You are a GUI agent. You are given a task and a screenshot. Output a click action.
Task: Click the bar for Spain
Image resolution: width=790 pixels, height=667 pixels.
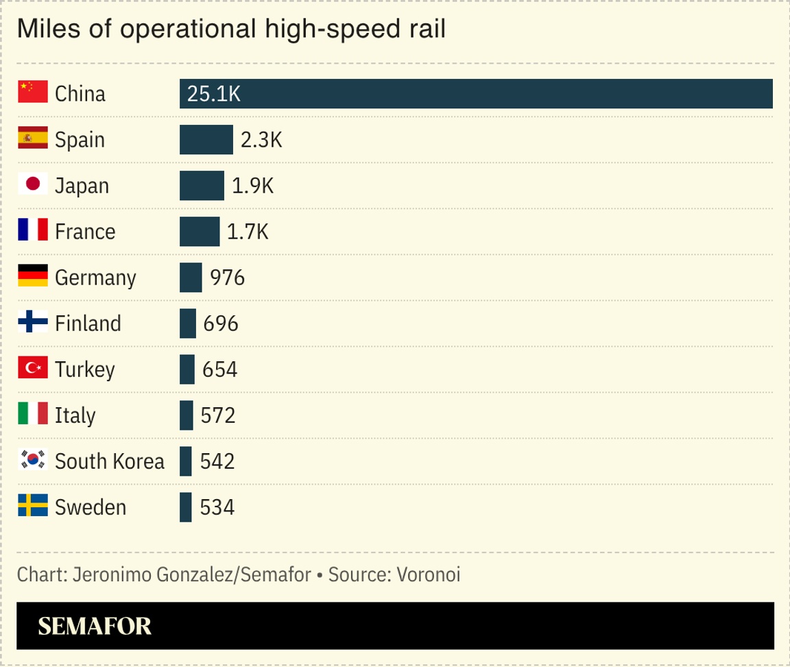(x=206, y=140)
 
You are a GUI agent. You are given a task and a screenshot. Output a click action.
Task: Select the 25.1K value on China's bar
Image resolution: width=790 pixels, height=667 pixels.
(x=214, y=95)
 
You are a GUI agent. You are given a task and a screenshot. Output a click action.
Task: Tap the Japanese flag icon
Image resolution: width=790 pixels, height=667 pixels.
(x=32, y=184)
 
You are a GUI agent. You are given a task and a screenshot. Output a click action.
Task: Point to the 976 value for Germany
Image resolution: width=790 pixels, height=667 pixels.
(x=228, y=278)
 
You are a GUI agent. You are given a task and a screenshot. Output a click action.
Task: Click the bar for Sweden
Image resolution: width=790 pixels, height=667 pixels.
(x=185, y=507)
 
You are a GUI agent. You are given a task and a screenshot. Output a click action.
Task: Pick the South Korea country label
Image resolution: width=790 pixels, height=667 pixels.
(x=110, y=461)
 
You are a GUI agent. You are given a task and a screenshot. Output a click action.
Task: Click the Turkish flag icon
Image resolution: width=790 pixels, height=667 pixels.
(x=32, y=367)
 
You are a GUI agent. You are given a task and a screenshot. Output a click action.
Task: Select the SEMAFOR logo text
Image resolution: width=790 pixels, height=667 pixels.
(x=95, y=626)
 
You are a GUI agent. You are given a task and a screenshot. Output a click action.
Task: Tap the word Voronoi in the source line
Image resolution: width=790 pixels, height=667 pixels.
(x=428, y=574)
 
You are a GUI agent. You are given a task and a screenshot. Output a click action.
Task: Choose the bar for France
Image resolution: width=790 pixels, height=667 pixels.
(x=200, y=232)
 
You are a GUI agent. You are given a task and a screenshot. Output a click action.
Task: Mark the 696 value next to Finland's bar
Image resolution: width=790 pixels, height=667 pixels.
(x=221, y=324)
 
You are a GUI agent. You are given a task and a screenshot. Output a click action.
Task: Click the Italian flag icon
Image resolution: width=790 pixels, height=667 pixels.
(x=32, y=413)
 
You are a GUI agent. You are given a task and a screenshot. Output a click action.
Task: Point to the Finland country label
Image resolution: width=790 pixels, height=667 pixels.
(x=88, y=324)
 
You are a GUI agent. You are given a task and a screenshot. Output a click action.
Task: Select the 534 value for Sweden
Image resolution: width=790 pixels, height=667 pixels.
(x=217, y=507)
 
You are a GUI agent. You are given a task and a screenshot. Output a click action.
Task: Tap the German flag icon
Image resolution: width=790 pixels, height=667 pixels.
(x=32, y=276)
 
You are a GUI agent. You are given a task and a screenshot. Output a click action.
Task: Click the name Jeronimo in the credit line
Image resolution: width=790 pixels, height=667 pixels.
(x=106, y=574)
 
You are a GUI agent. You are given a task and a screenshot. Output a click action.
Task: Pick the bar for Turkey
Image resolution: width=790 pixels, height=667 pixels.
(x=187, y=369)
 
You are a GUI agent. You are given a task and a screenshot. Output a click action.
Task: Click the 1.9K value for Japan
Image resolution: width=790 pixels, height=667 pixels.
(x=252, y=186)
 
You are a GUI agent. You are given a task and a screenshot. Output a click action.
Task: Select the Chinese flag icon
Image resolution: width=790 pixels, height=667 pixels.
(x=32, y=92)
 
